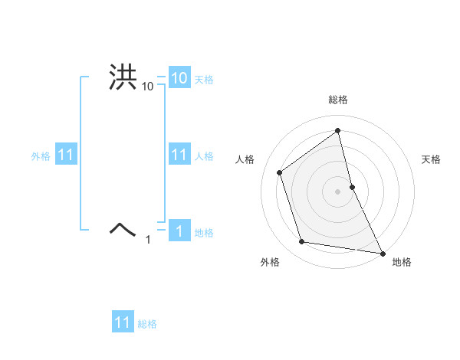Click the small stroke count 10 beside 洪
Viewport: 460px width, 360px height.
148,87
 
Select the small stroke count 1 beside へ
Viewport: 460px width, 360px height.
149,240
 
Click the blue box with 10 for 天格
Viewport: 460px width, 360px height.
179,78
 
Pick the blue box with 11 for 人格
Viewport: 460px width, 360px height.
179,155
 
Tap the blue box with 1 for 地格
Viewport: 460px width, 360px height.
179,231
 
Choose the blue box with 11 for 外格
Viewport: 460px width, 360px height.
66,155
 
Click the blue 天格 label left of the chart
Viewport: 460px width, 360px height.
204,80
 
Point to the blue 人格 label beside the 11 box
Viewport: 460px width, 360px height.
204,156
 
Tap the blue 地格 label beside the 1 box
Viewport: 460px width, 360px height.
204,233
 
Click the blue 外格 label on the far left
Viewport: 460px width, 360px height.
41,156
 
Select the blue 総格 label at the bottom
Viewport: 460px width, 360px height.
147,324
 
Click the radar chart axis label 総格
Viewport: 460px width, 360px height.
338,100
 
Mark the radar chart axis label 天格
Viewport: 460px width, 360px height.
431,159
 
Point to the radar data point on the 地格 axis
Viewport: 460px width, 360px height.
381,252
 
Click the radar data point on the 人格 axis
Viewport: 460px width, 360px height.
280,172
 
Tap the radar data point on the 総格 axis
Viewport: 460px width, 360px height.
338,130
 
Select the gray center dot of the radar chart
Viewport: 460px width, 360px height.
338,191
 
